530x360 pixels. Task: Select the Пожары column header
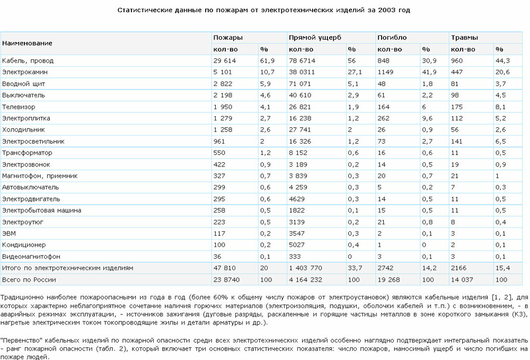coord(228,38)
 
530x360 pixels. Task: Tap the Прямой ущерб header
coord(314,38)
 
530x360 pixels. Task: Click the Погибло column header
coord(392,38)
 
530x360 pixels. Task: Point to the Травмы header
coord(464,38)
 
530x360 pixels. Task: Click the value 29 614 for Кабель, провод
coord(224,60)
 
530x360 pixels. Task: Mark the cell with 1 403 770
coord(305,268)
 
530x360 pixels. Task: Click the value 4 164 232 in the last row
coord(305,279)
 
